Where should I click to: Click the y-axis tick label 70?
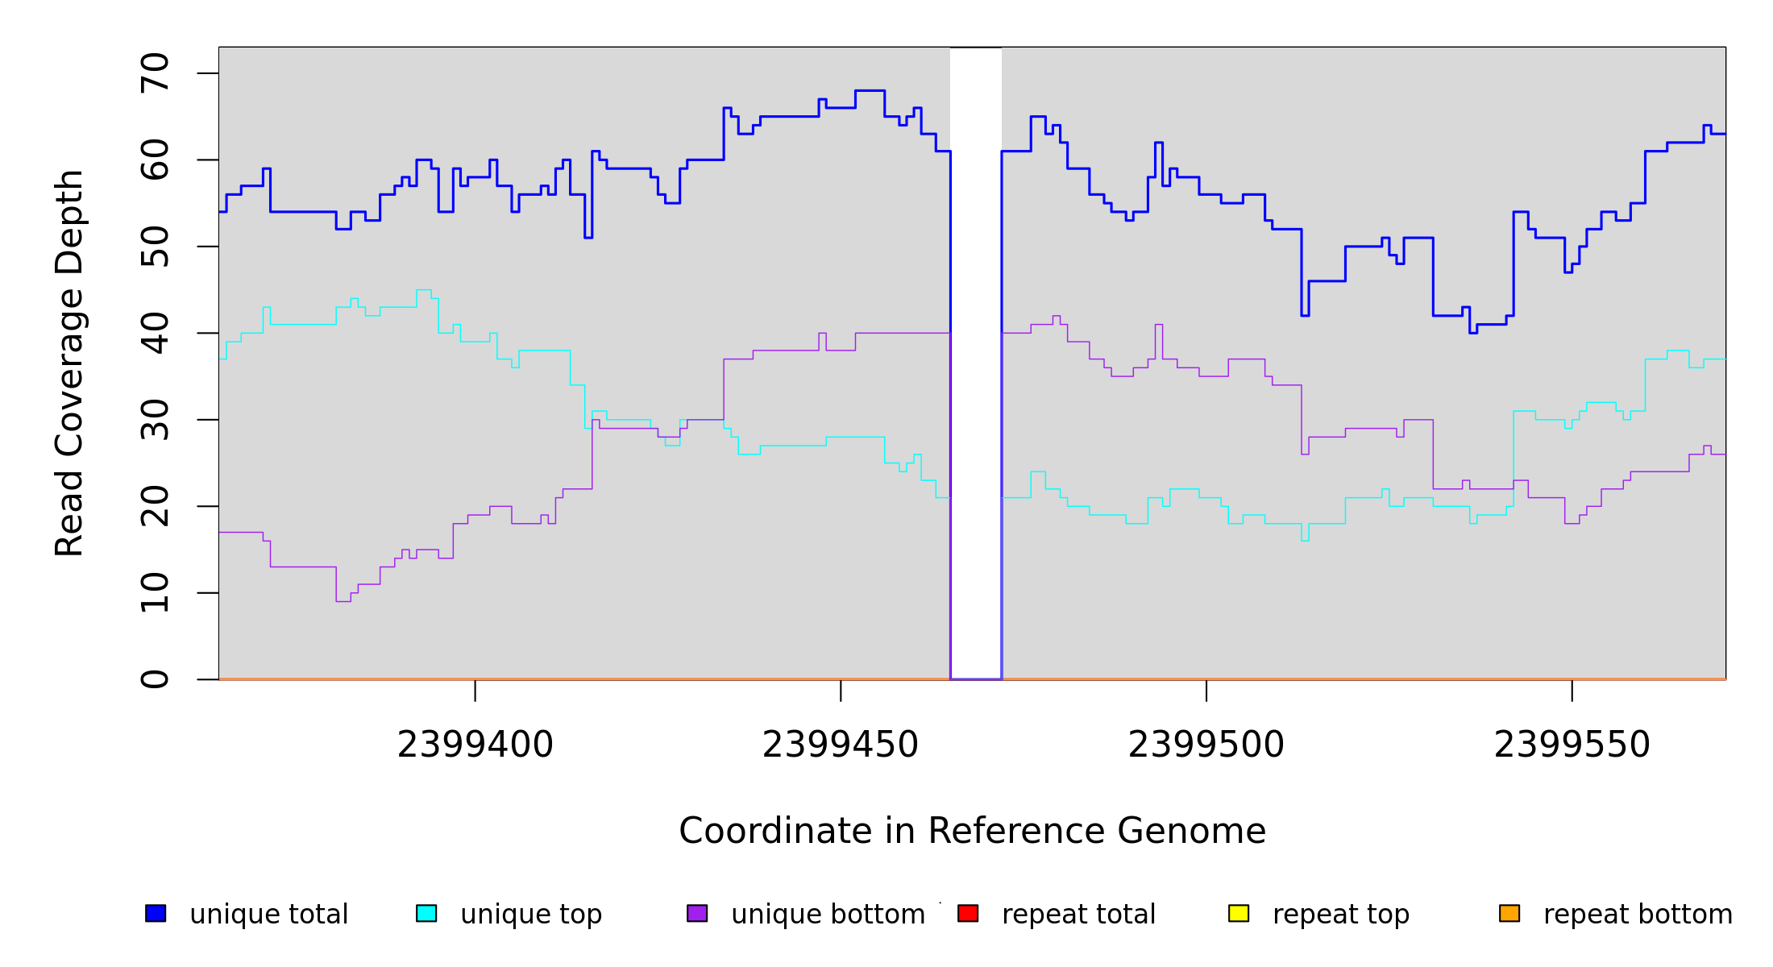click(155, 73)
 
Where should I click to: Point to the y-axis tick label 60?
click(155, 160)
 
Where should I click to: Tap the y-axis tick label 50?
click(155, 247)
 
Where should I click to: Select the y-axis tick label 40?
click(155, 333)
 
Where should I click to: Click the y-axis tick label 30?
click(155, 420)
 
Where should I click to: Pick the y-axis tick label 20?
click(155, 506)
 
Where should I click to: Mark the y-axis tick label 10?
click(155, 593)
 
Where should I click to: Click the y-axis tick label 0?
click(155, 679)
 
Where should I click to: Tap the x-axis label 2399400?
click(475, 745)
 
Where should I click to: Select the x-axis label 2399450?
click(841, 745)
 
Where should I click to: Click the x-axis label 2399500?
click(1206, 745)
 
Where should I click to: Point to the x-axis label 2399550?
click(1572, 745)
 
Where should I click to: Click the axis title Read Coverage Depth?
click(69, 363)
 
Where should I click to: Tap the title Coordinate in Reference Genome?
click(972, 831)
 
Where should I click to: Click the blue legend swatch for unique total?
click(156, 913)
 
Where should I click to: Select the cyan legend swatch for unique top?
click(426, 913)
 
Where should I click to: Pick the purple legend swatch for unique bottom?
click(697, 913)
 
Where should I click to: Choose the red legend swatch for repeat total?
click(968, 913)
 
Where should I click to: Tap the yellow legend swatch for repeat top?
click(1239, 913)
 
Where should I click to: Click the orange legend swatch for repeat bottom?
click(1509, 913)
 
